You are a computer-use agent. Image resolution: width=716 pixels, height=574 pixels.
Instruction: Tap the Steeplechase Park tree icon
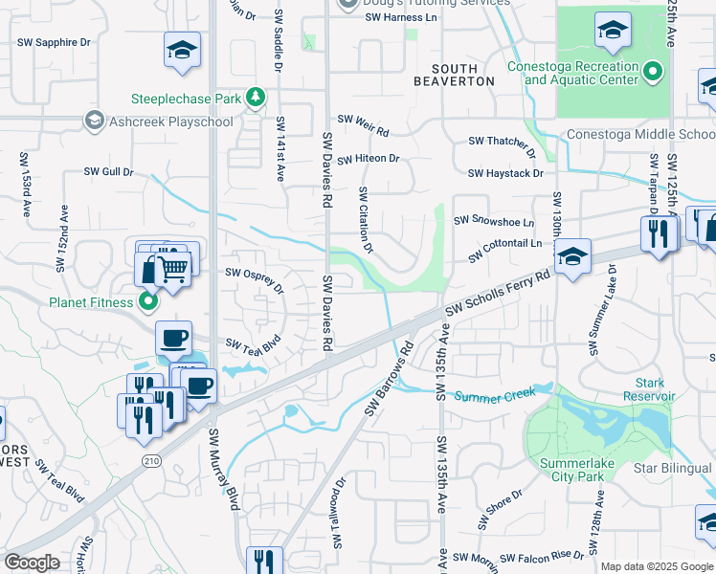(x=255, y=97)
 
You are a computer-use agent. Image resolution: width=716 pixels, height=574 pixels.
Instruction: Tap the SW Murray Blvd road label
(x=222, y=469)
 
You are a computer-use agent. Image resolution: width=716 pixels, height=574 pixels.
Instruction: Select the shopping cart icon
(x=172, y=270)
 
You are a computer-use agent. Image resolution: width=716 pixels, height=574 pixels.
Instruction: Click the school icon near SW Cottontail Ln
(x=572, y=257)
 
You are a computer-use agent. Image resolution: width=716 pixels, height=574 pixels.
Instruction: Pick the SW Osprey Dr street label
(x=254, y=279)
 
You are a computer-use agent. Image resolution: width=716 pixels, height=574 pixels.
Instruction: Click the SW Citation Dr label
(x=365, y=218)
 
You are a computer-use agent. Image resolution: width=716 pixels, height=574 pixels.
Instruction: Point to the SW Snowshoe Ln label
(x=494, y=219)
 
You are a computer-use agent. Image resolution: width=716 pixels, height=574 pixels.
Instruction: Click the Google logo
(x=33, y=563)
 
